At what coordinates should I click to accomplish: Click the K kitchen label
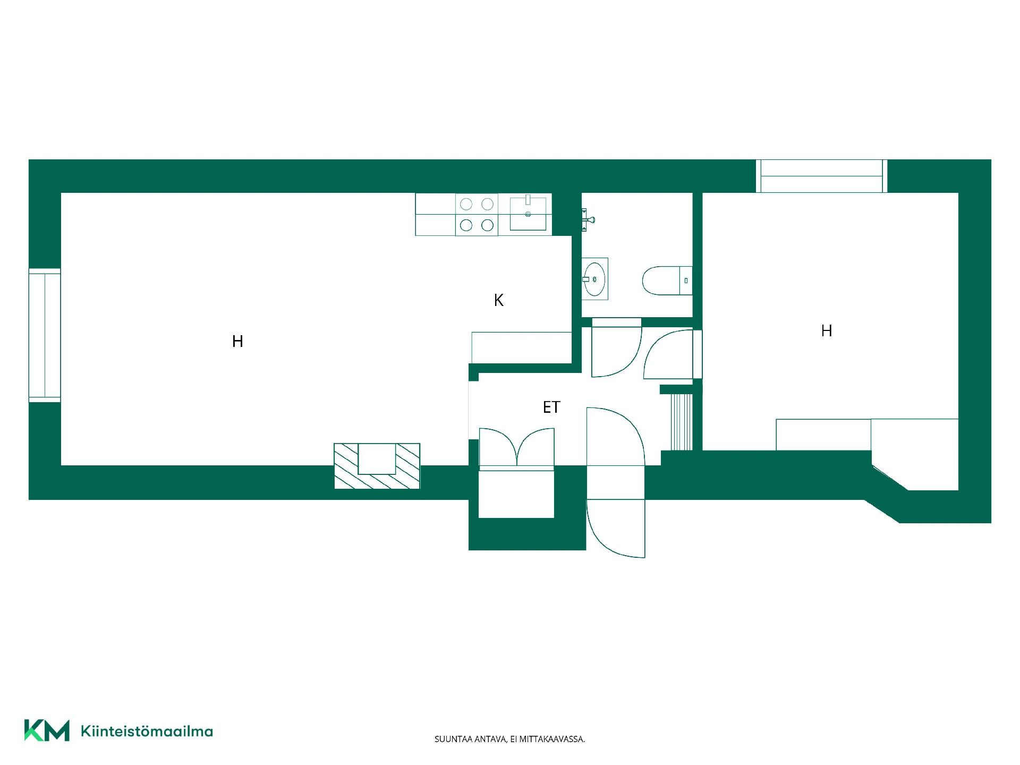(x=498, y=301)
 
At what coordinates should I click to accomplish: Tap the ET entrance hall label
(x=551, y=407)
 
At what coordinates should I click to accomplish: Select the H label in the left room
(x=237, y=342)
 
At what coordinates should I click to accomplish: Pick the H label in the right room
(x=826, y=331)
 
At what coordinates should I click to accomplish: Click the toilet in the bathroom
(x=667, y=280)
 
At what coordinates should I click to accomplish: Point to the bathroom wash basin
(x=594, y=279)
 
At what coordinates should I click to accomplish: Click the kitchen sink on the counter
(x=528, y=214)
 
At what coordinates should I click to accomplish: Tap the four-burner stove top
(x=477, y=215)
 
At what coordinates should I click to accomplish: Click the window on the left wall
(x=45, y=335)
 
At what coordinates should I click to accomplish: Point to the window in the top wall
(x=821, y=176)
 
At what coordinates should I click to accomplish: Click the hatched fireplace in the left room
(x=377, y=466)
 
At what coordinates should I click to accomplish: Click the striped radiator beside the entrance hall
(x=682, y=422)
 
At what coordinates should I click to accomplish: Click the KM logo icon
(x=47, y=730)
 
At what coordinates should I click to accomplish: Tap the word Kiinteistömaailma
(x=147, y=732)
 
